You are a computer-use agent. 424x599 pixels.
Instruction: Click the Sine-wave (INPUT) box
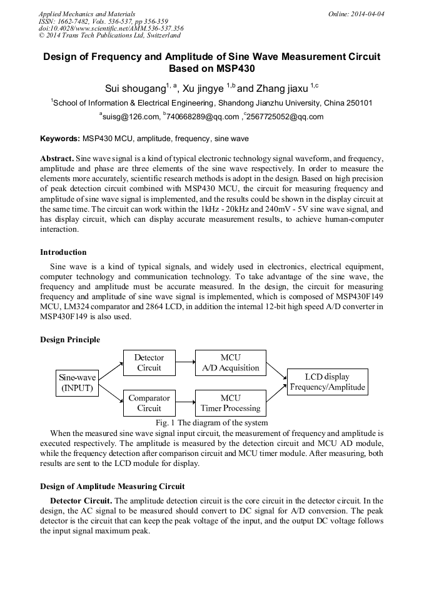78,382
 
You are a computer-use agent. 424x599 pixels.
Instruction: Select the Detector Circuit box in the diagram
149,362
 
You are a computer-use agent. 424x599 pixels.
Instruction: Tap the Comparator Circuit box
149,403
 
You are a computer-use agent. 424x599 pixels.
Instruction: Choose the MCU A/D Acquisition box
230,362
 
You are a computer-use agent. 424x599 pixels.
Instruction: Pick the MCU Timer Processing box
230,403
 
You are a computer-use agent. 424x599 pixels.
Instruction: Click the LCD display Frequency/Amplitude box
327,382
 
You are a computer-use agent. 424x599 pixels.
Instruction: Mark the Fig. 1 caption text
213,423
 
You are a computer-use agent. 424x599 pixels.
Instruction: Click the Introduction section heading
63,252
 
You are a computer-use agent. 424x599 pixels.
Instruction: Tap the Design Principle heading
70,340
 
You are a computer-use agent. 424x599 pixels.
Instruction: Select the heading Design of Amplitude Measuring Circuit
113,486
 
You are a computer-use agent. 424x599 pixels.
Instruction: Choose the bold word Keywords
59,137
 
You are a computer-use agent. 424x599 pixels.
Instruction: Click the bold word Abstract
57,159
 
